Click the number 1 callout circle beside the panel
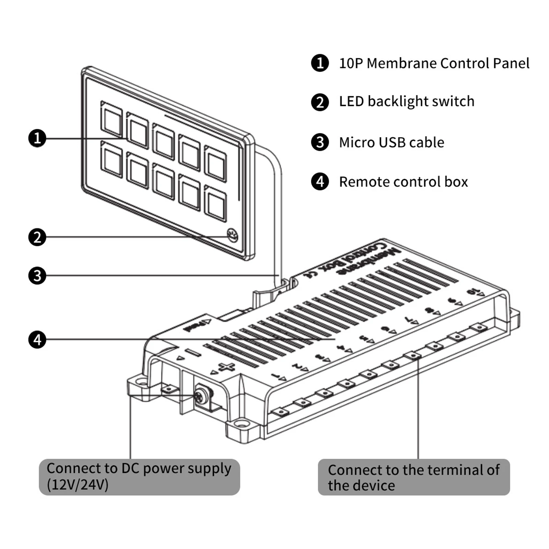pos(37,138)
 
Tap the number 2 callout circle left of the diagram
pos(37,237)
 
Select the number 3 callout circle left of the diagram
pos(37,276)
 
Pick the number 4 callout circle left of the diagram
pos(37,339)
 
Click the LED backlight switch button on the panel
pos(232,235)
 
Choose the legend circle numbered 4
pos(320,182)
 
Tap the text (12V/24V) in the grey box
pos(77,485)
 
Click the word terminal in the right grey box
pos(451,470)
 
